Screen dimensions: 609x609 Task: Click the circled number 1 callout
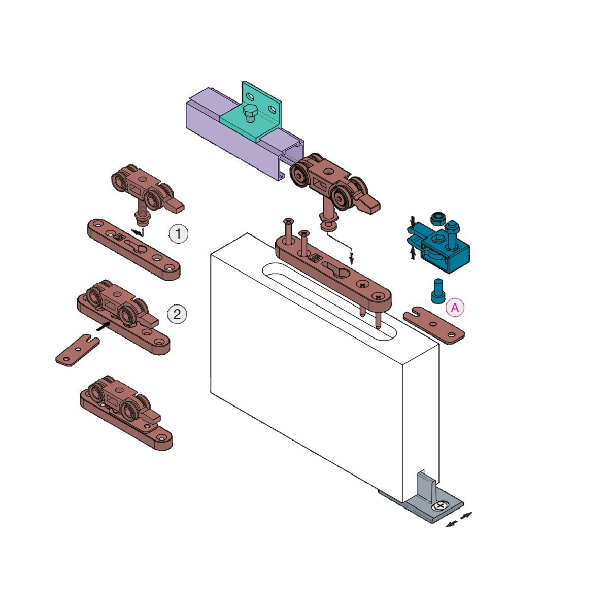[x=178, y=234]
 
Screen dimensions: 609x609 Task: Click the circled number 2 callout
[x=177, y=314]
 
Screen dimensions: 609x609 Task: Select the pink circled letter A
[x=455, y=307]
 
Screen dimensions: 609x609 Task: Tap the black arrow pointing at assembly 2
[x=104, y=326]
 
